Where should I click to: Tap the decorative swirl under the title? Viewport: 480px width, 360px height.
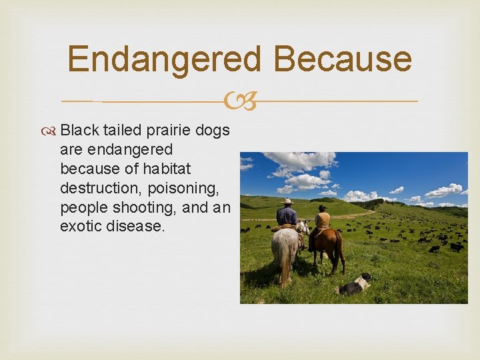[240, 102]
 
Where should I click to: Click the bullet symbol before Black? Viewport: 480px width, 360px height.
[51, 131]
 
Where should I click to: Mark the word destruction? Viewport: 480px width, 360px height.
[100, 188]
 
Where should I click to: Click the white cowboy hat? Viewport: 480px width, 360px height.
[287, 201]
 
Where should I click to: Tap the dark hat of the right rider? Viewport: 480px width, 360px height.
[323, 207]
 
